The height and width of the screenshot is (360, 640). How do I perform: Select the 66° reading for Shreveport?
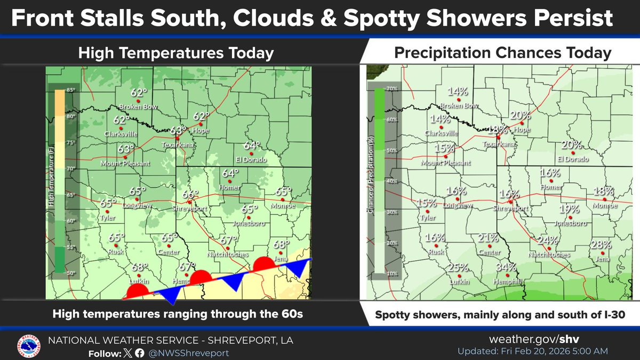coord(190,195)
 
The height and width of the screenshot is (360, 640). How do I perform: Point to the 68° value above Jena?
coord(282,244)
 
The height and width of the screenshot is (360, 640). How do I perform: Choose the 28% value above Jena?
coord(601,245)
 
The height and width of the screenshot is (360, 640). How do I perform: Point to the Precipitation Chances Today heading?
coord(502,53)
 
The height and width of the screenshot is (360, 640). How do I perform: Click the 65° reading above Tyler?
coord(108,203)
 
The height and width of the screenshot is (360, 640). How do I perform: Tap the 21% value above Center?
coord(488,237)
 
